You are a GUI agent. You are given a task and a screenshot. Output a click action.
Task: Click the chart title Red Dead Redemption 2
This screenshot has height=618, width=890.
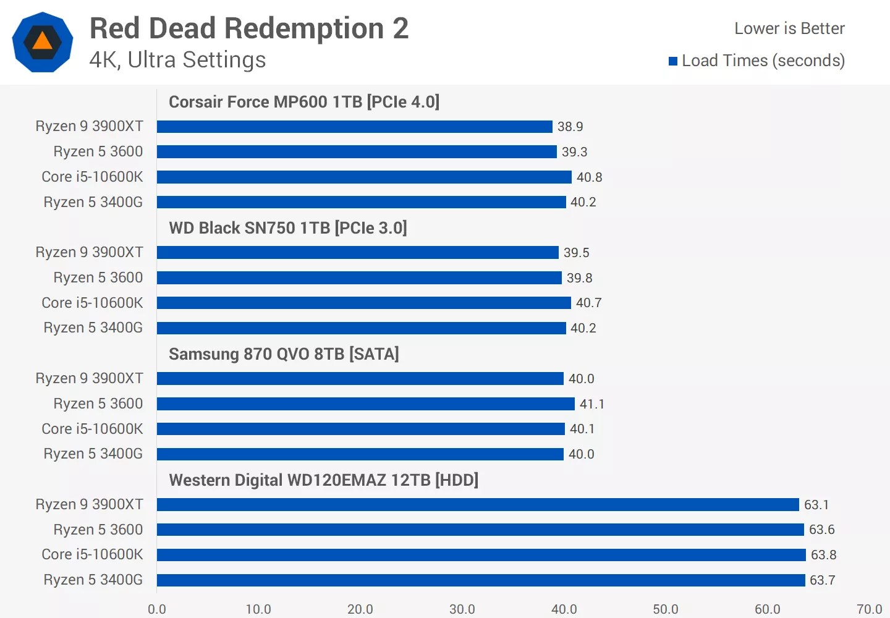249,28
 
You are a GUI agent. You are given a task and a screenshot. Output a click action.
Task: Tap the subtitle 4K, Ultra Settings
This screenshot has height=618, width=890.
177,60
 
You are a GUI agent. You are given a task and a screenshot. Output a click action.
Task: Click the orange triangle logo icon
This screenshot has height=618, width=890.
42,42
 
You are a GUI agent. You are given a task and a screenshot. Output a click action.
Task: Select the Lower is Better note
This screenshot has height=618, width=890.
789,28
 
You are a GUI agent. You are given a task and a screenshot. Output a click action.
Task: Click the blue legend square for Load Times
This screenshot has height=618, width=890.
673,61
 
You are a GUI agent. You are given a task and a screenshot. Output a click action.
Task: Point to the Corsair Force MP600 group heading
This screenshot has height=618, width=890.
303,102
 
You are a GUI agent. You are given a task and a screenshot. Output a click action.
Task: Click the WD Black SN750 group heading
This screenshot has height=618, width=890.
287,228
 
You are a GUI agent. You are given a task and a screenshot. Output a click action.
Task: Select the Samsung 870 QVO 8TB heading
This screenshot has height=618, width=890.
284,354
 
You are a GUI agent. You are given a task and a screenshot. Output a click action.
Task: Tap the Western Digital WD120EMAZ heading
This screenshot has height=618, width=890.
323,480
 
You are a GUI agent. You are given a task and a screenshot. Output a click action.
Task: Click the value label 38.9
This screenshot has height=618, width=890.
570,127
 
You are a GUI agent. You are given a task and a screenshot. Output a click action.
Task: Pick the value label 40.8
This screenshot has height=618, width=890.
589,177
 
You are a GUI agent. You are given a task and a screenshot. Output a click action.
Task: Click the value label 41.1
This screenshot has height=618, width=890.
591,404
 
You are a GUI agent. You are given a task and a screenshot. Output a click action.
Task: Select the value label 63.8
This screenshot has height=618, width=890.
823,555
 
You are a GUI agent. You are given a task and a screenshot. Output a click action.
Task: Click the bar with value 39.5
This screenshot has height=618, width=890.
357,253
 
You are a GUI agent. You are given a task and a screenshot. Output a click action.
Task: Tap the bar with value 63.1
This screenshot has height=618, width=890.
478,505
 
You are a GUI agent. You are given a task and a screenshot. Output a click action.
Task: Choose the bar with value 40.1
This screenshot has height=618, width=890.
360,429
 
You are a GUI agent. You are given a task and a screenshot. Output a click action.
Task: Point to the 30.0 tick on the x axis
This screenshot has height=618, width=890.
462,609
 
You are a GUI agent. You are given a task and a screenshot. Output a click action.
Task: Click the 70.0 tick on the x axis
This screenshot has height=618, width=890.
868,609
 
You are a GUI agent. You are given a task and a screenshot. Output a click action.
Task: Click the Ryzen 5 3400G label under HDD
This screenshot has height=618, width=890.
93,580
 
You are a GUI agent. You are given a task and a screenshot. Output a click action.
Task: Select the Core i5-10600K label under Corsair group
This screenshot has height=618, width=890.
92,177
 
